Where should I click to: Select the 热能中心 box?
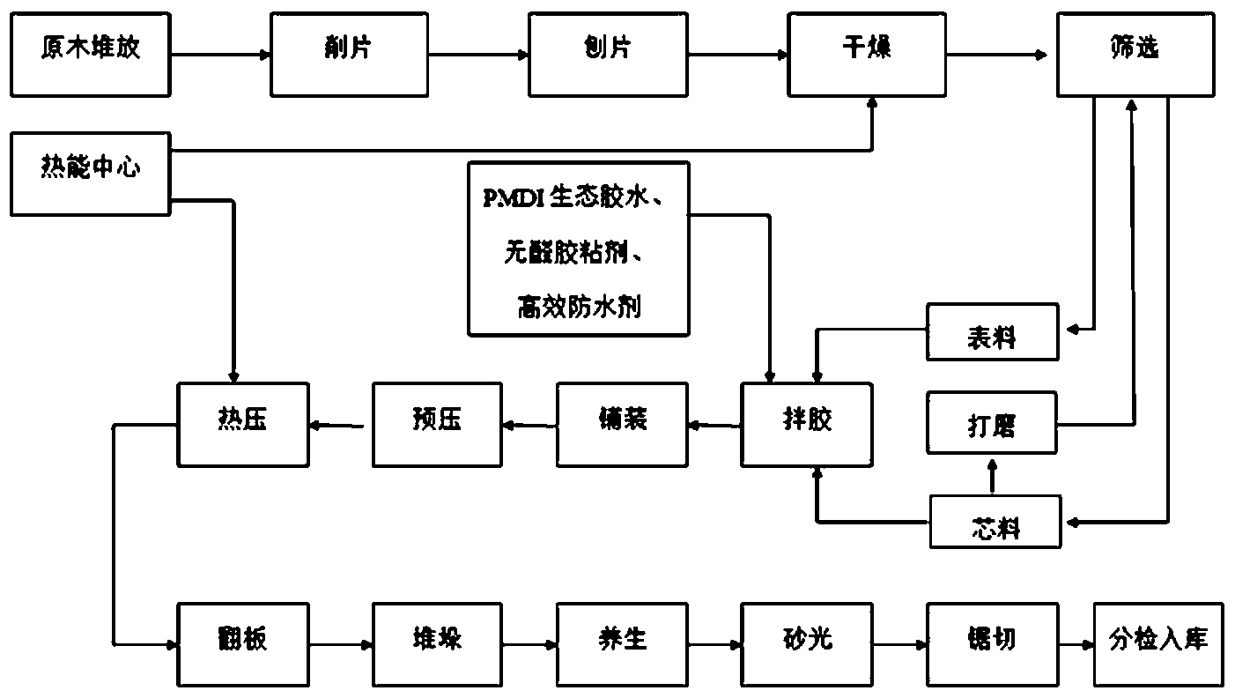point(90,173)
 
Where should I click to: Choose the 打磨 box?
point(992,425)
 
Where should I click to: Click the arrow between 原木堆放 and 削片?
point(221,55)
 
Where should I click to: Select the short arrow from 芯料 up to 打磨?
point(992,476)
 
